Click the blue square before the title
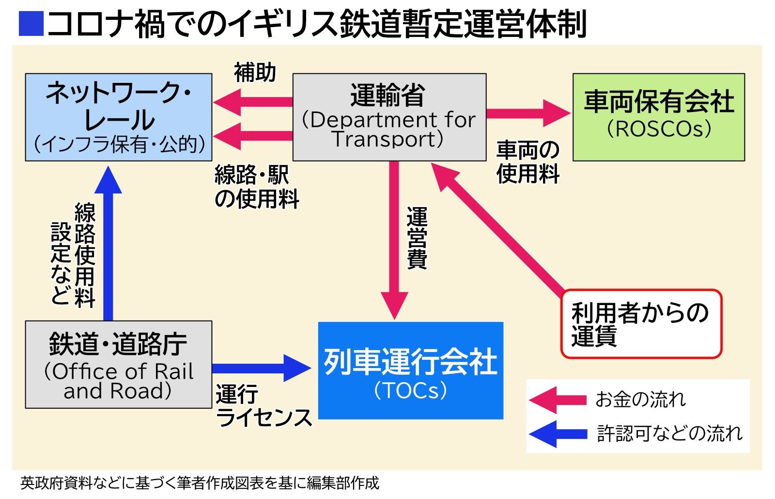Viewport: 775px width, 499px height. pos(31,23)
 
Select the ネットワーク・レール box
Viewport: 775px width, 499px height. pos(119,117)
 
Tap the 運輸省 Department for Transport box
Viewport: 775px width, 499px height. pos(389,117)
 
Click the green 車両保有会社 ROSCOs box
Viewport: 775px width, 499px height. pos(658,117)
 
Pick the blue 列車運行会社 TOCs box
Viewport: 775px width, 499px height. pos(410,370)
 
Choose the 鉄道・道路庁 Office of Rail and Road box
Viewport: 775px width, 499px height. pos(119,365)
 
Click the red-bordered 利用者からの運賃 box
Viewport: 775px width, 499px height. pos(641,324)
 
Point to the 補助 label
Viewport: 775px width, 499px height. pos(255,73)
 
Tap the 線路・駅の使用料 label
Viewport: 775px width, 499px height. pos(257,187)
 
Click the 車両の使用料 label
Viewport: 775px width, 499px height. pos(528,162)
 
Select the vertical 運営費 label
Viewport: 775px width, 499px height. pos(417,238)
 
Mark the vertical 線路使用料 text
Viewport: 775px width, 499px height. pos(85,255)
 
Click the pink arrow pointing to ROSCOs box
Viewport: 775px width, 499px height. pos(528,113)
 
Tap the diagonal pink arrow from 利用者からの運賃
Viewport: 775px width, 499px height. pos(499,228)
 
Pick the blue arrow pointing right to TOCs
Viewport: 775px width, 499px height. pos(262,369)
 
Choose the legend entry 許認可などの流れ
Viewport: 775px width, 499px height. pos(668,433)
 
